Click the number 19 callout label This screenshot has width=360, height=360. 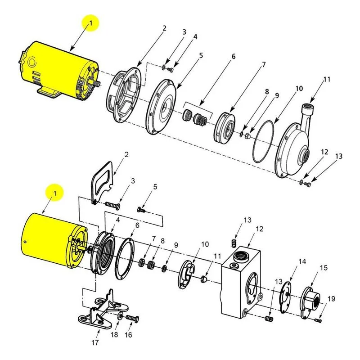[x=331, y=299]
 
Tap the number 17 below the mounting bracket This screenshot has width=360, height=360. [x=95, y=342]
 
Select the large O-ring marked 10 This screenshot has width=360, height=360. [x=263, y=142]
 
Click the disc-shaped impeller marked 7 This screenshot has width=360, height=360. [x=225, y=127]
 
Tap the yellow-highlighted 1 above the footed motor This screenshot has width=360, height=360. [x=91, y=23]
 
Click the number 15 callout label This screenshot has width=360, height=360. [x=324, y=268]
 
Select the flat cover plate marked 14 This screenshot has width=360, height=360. [x=285, y=297]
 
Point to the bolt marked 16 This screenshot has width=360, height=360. [x=133, y=319]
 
